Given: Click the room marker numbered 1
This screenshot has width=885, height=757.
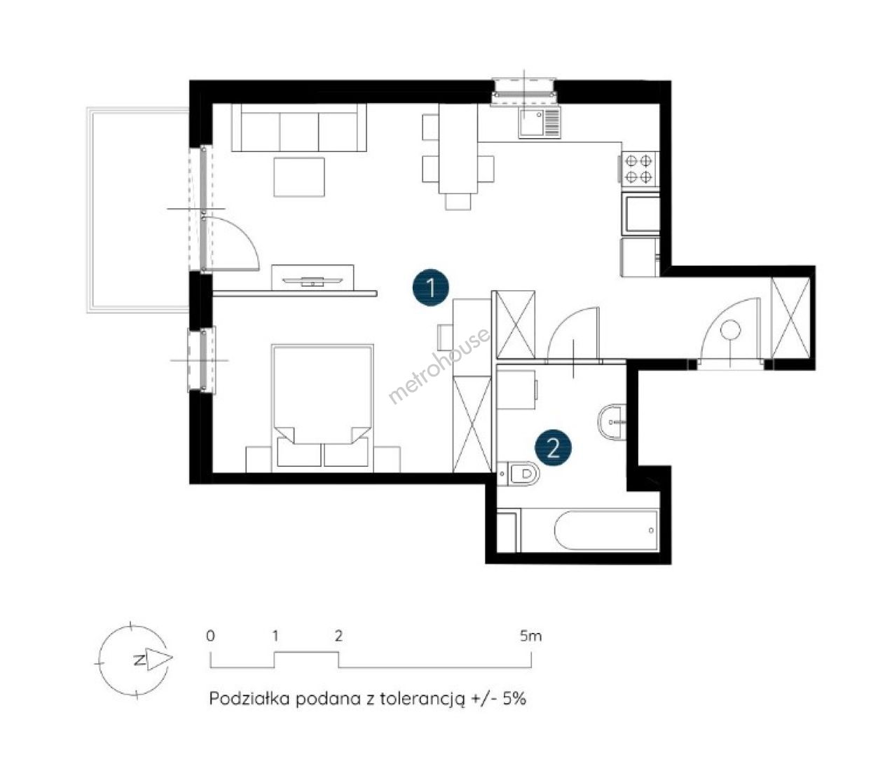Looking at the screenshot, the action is click(x=431, y=287).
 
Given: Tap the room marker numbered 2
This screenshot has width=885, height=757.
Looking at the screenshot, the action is click(x=553, y=449).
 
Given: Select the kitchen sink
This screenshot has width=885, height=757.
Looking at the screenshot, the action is click(x=540, y=123).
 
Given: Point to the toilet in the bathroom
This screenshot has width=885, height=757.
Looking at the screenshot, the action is click(x=519, y=474).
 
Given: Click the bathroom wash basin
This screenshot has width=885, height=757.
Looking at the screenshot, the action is click(x=612, y=421).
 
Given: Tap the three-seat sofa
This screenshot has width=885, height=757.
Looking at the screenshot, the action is click(x=299, y=128).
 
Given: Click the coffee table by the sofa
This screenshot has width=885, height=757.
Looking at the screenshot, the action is click(x=299, y=177).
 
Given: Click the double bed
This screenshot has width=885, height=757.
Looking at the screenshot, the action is click(x=322, y=408).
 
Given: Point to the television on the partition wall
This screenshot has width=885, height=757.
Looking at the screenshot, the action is click(x=313, y=280).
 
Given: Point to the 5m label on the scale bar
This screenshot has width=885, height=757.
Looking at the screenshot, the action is click(x=531, y=636).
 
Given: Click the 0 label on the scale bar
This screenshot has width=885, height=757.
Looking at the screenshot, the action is click(x=210, y=636).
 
